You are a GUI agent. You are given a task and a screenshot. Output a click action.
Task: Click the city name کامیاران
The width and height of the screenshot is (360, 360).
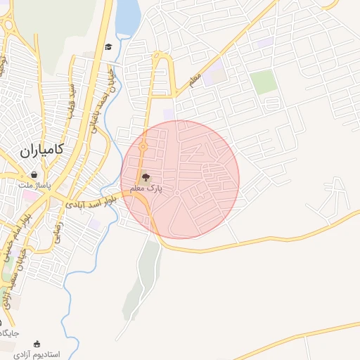tap(42, 149)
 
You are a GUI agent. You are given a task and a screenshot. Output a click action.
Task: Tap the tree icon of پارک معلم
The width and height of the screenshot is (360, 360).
tap(146, 178)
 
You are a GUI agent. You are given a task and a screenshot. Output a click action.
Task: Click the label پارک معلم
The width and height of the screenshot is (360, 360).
tap(146, 189)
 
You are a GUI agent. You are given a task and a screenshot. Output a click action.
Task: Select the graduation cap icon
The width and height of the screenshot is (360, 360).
tap(108, 47)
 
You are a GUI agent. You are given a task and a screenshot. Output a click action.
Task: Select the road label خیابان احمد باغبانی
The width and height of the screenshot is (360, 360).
tap(103, 98)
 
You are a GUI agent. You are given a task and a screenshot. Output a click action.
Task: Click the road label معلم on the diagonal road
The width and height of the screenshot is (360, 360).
tap(195, 80)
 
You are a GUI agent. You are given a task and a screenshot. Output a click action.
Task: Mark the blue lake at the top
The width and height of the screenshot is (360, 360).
tap(127, 18)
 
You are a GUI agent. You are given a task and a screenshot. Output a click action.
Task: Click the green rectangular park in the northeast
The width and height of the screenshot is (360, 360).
tap(264, 82)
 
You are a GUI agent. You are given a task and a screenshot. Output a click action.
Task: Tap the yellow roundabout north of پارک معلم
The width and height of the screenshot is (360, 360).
tap(143, 147)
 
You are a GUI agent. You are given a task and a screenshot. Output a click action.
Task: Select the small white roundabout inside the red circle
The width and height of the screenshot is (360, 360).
tap(178, 193)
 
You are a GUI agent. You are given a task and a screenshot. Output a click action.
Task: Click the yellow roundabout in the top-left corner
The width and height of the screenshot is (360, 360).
tap(8, 26)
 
